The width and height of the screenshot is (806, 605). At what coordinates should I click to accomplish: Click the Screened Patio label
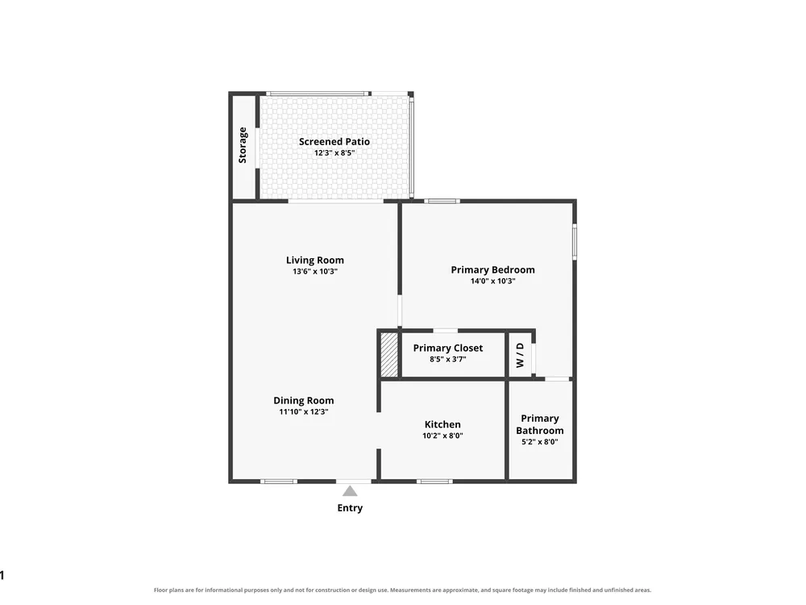[x=334, y=141]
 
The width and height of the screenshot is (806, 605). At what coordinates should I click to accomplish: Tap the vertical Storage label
[x=243, y=145]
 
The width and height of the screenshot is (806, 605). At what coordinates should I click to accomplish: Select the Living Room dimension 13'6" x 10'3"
[x=315, y=271]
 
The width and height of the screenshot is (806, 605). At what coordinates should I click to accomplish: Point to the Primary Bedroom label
[x=492, y=269]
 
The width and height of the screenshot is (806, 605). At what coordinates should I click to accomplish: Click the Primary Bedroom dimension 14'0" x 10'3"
[x=492, y=281]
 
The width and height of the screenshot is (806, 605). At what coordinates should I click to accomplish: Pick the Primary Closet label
[x=447, y=348]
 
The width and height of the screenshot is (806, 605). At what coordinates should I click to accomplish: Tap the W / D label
[x=520, y=355]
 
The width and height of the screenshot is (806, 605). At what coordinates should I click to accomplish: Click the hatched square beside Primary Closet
[x=389, y=355]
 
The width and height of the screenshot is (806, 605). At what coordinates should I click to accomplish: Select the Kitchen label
[x=442, y=424]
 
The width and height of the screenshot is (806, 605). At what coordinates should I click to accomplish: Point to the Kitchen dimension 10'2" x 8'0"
[x=442, y=436]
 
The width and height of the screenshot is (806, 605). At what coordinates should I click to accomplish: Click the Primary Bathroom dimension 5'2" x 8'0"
[x=540, y=441]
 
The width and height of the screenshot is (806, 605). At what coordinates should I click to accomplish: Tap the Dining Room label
[x=303, y=400]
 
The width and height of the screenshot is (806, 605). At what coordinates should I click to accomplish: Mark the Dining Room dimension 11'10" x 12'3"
[x=303, y=411]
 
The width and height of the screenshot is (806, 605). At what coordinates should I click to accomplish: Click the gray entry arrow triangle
[x=350, y=490]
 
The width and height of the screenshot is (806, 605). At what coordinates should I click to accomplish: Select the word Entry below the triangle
[x=350, y=507]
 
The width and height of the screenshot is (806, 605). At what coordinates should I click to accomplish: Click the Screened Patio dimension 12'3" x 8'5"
[x=334, y=152]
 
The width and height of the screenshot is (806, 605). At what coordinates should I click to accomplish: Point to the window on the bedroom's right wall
[x=575, y=241]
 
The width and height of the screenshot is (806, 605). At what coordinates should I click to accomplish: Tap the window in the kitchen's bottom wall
[x=434, y=482]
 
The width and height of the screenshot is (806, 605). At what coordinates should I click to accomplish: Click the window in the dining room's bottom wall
[x=279, y=482]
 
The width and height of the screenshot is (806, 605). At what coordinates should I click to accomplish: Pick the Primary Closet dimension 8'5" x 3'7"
[x=447, y=359]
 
